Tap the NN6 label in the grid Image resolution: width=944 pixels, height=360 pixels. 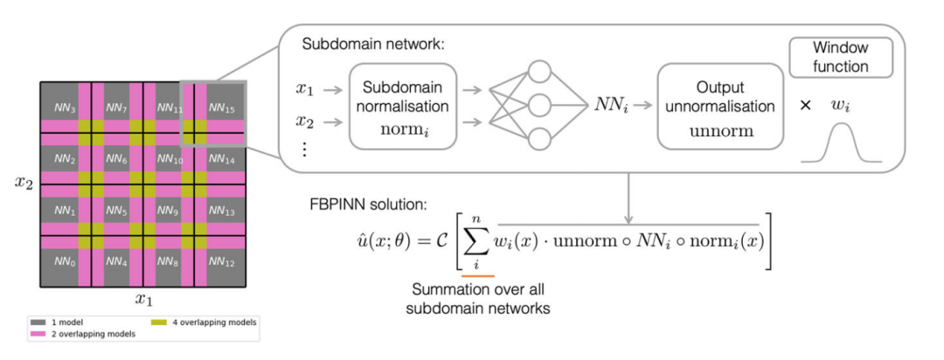[115, 159]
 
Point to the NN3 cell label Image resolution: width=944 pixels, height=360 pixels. [65, 107]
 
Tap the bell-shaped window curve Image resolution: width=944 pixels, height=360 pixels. [841, 143]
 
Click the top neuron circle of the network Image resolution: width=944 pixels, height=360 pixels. [539, 73]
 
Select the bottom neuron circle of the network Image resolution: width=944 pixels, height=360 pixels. [539, 140]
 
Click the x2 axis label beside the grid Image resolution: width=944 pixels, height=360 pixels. [22, 183]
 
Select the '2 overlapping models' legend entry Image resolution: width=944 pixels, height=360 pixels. [82, 335]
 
